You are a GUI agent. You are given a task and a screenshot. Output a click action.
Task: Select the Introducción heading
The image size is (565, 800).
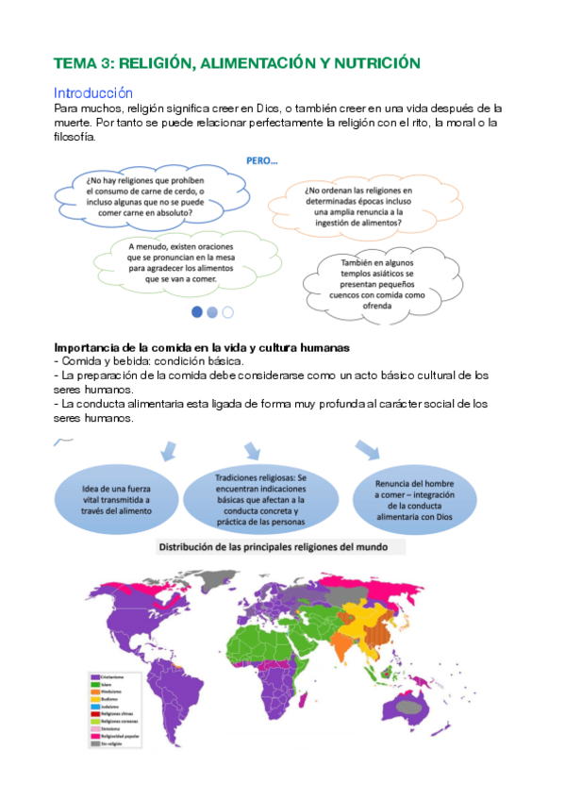pyautogui.click(x=93, y=93)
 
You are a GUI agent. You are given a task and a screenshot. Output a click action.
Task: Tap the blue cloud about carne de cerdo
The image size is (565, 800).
pyautogui.click(x=139, y=196)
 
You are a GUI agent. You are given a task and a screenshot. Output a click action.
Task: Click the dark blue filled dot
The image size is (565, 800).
pyautogui.click(x=197, y=311)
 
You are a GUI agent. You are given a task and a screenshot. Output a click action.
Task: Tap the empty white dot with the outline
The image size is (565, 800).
pyautogui.click(x=227, y=311)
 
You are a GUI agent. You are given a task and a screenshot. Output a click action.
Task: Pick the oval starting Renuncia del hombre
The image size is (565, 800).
pyautogui.click(x=416, y=498)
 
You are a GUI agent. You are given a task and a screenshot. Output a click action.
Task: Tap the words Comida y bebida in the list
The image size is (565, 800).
pyautogui.click(x=92, y=361)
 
